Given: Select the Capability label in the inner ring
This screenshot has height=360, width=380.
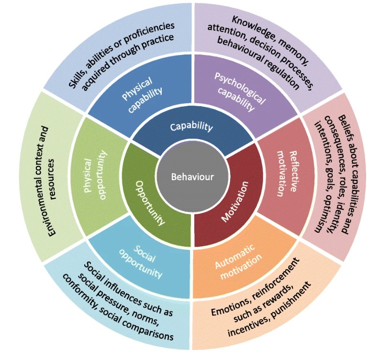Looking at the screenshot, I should point(192,127).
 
